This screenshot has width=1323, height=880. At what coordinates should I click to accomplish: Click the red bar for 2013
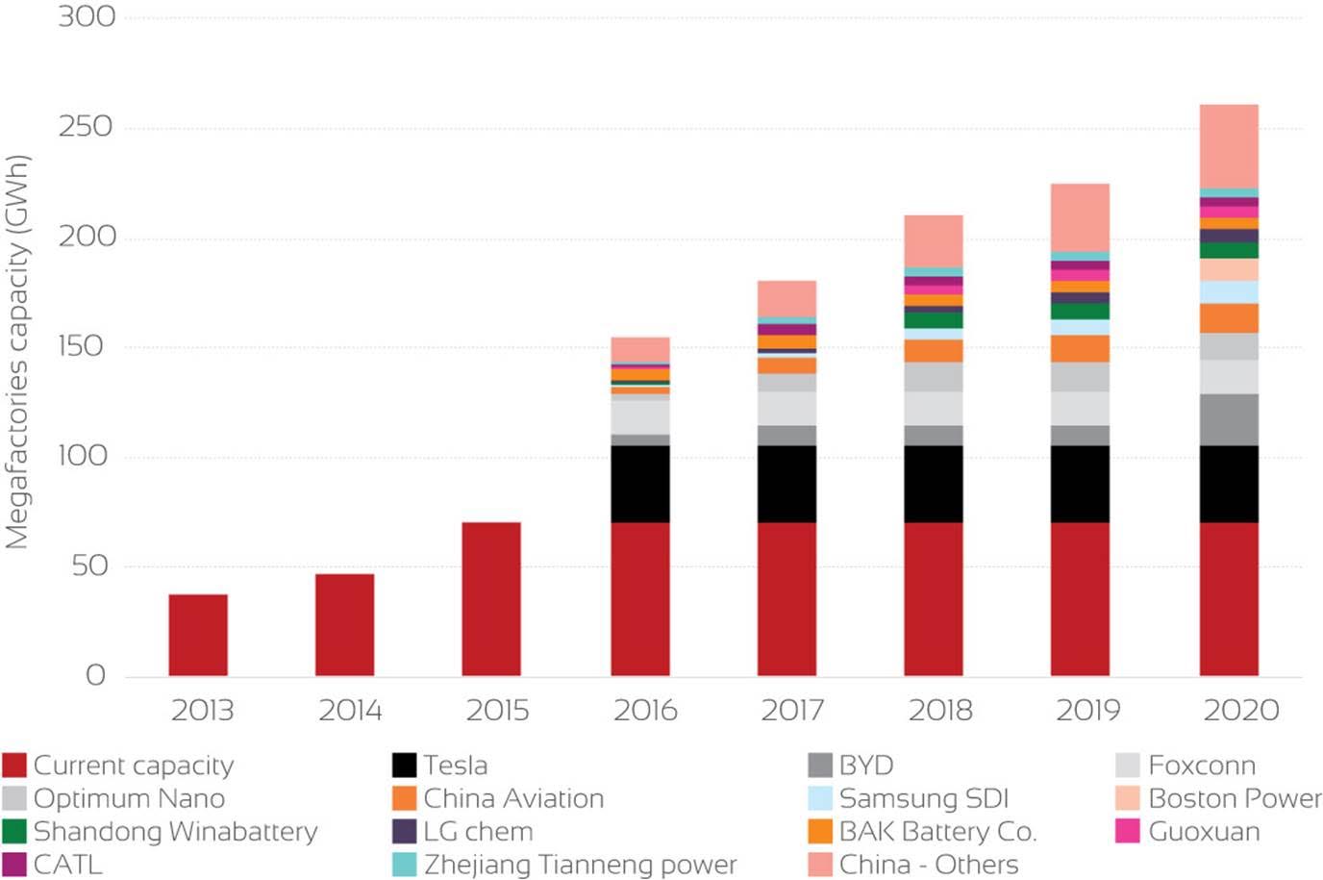198,635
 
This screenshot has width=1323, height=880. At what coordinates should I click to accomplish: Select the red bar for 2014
344,625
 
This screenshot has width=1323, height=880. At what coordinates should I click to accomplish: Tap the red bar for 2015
491,598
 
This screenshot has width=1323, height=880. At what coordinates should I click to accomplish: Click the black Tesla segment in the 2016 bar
640,484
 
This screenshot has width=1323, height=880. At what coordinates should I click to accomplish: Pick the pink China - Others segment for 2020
1229,146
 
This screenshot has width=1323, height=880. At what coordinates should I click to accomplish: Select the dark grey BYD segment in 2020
1229,419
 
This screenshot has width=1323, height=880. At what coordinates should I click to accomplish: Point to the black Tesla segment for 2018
933,484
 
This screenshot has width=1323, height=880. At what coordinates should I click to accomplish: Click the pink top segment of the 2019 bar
1080,217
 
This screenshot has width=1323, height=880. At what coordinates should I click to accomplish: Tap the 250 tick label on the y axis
86,127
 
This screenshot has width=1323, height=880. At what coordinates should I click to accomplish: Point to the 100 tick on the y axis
84,456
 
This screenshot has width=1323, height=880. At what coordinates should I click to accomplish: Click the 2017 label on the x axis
792,711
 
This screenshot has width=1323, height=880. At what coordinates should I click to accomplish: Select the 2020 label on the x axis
1241,711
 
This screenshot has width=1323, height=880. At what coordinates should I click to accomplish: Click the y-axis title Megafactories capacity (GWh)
17,352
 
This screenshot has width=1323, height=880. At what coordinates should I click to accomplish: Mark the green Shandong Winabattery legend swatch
14,831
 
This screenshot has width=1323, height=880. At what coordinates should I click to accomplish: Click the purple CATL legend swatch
14,865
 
